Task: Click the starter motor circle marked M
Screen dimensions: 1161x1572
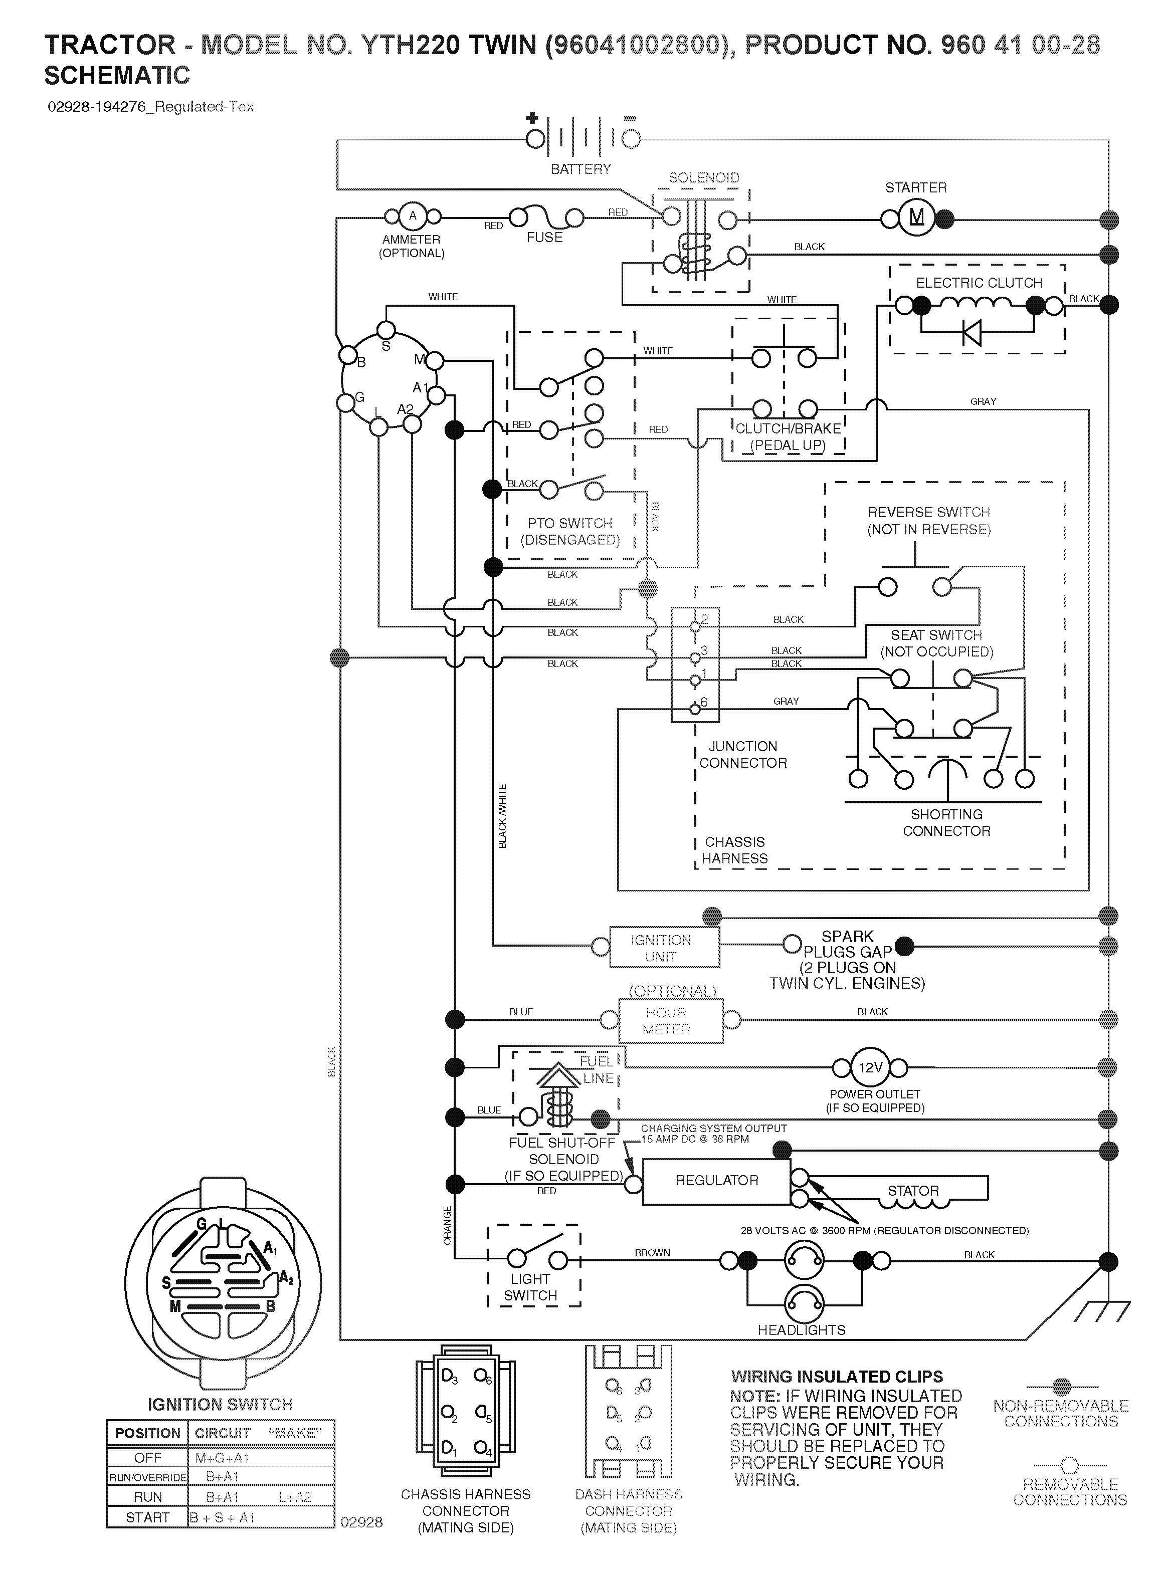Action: click(x=916, y=218)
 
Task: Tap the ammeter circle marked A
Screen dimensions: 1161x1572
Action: click(x=413, y=215)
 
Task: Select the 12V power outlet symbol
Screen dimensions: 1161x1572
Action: click(x=870, y=1068)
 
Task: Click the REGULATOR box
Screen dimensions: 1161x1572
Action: click(x=717, y=1181)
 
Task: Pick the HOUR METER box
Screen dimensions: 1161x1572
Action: click(x=670, y=1021)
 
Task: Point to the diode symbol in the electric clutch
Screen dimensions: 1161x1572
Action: click(x=972, y=332)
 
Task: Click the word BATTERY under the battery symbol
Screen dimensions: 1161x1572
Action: click(x=580, y=169)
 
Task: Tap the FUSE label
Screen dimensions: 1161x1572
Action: click(x=545, y=238)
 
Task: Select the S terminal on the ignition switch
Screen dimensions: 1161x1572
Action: click(x=386, y=330)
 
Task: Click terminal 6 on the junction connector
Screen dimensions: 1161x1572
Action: click(x=695, y=709)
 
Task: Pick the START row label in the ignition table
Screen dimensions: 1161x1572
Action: click(x=147, y=1517)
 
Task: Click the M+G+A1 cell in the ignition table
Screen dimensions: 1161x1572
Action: click(x=223, y=1458)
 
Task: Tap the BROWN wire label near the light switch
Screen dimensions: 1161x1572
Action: click(x=652, y=1252)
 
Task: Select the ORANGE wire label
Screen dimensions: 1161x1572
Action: click(x=447, y=1226)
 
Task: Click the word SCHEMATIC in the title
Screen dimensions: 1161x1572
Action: click(x=117, y=75)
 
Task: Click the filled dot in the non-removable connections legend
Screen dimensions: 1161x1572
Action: click(x=1061, y=1387)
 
